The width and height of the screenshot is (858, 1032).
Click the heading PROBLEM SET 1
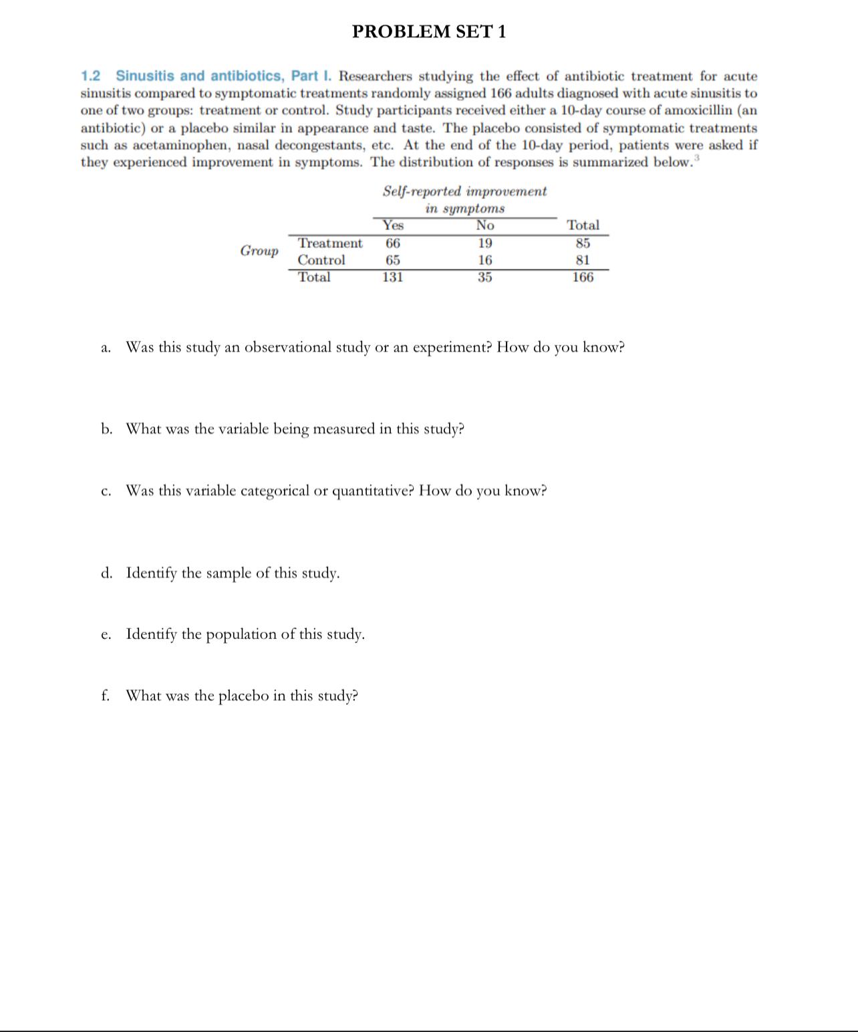tap(429, 31)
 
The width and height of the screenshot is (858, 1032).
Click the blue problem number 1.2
tap(90, 76)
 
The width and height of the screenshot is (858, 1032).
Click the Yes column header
tap(393, 225)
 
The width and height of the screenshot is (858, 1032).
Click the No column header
tap(484, 225)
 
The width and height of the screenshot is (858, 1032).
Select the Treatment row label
tap(330, 243)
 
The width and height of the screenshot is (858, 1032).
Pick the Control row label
tap(321, 260)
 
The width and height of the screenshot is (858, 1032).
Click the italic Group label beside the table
tap(259, 251)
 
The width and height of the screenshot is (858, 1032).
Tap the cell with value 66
tap(393, 243)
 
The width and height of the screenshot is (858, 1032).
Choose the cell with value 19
tap(484, 243)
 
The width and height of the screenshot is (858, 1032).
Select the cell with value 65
tap(393, 260)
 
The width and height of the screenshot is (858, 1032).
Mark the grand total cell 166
tap(583, 277)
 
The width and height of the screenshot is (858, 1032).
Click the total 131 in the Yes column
tap(393, 277)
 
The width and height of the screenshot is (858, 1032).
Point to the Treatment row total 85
tap(583, 243)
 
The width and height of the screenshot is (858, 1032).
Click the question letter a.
tap(106, 348)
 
